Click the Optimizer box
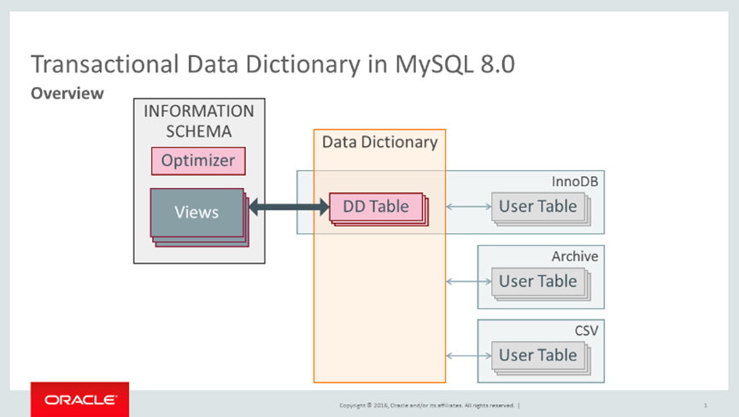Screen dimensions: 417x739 click(x=198, y=161)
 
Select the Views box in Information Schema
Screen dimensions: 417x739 click(x=196, y=212)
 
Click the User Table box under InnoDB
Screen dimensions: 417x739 click(x=537, y=206)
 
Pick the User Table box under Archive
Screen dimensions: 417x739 click(x=537, y=281)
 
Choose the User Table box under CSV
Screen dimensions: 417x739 click(x=537, y=355)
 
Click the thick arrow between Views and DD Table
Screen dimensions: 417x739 click(x=288, y=206)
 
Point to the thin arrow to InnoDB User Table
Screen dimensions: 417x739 click(x=468, y=206)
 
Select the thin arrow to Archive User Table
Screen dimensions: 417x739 click(x=468, y=281)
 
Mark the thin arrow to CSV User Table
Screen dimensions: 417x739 click(x=468, y=355)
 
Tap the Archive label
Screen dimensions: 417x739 click(x=575, y=256)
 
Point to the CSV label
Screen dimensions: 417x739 click(x=586, y=330)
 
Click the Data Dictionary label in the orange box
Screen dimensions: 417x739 click(x=379, y=142)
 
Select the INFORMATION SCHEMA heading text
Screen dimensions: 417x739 click(x=198, y=121)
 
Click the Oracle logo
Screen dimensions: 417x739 click(x=80, y=399)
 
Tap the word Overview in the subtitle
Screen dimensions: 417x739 click(x=67, y=93)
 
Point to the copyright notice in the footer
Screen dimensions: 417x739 click(x=427, y=405)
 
